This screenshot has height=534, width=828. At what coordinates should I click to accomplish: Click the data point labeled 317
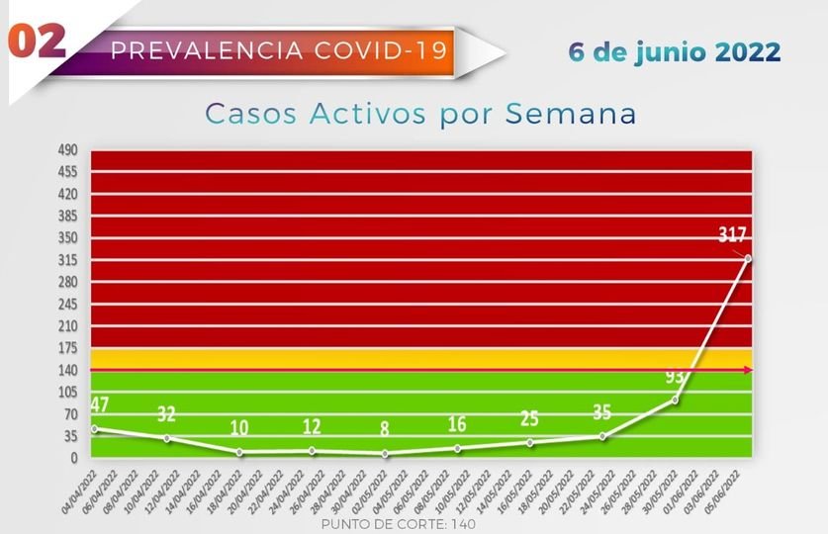point(748,259)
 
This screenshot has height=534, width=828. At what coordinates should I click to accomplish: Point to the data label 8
point(384,429)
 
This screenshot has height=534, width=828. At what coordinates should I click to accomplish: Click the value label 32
point(166,413)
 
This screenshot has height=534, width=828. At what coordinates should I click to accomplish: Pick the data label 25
point(529,419)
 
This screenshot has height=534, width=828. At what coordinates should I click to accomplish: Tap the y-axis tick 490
point(66,149)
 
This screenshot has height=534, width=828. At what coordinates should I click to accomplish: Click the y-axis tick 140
point(66,370)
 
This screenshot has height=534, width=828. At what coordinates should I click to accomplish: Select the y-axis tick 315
point(66,260)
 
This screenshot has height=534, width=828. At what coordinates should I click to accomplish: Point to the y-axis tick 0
point(72,458)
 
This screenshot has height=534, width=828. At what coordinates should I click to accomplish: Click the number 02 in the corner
point(38,42)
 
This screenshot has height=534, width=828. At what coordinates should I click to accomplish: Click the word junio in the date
point(681,51)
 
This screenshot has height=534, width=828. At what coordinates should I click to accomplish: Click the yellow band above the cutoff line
point(420,358)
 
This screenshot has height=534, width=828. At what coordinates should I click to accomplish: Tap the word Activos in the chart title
point(370,114)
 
